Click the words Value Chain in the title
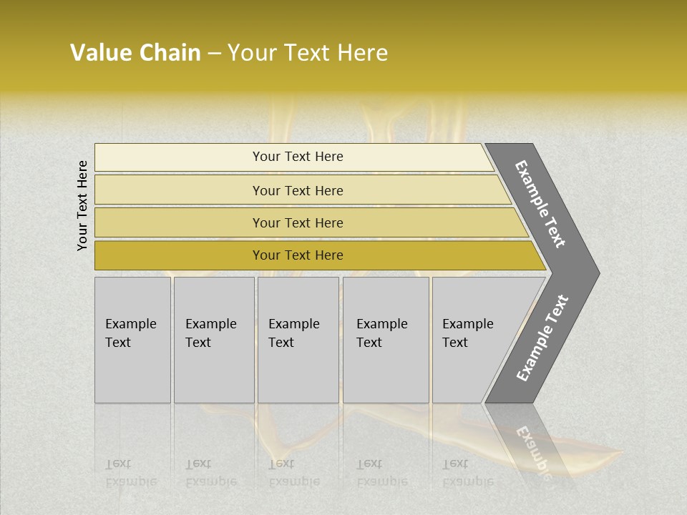[x=135, y=53]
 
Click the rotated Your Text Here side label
[x=83, y=205]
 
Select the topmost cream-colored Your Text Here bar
[x=179, y=157]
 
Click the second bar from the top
[x=179, y=190]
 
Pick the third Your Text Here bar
[x=179, y=223]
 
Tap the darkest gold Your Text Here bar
[x=179, y=255]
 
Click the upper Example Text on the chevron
[x=541, y=204]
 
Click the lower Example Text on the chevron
[x=542, y=338]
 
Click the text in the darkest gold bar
[x=298, y=255]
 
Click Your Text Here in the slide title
[x=308, y=53]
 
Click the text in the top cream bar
[x=298, y=157]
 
